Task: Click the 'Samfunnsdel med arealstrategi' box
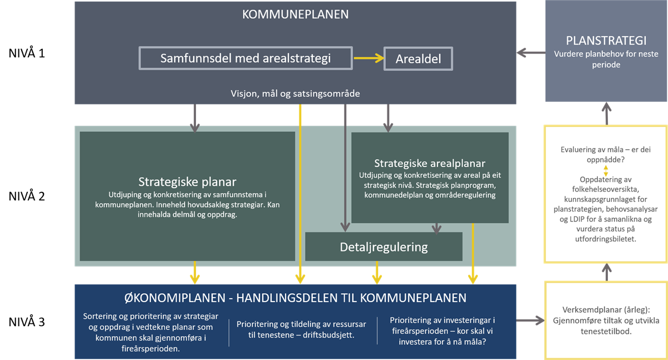point(245,58)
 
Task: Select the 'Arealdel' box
point(418,59)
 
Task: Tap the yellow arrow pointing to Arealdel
point(369,58)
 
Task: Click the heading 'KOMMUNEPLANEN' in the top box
point(295,14)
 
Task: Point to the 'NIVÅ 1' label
point(27,53)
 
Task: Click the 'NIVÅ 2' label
point(27,196)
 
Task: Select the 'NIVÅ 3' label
point(27,322)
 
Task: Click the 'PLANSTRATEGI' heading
point(606,41)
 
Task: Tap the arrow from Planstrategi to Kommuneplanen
point(531,53)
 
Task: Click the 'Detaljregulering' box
point(384,246)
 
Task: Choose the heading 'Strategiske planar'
point(187,182)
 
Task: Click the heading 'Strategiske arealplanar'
point(430,164)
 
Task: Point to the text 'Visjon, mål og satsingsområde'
point(295,93)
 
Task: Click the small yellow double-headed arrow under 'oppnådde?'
point(606,171)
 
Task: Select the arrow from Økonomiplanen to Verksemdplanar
point(530,320)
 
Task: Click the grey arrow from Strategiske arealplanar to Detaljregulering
point(436,229)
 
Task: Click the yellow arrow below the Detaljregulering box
point(377,273)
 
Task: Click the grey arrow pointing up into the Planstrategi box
point(607,114)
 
